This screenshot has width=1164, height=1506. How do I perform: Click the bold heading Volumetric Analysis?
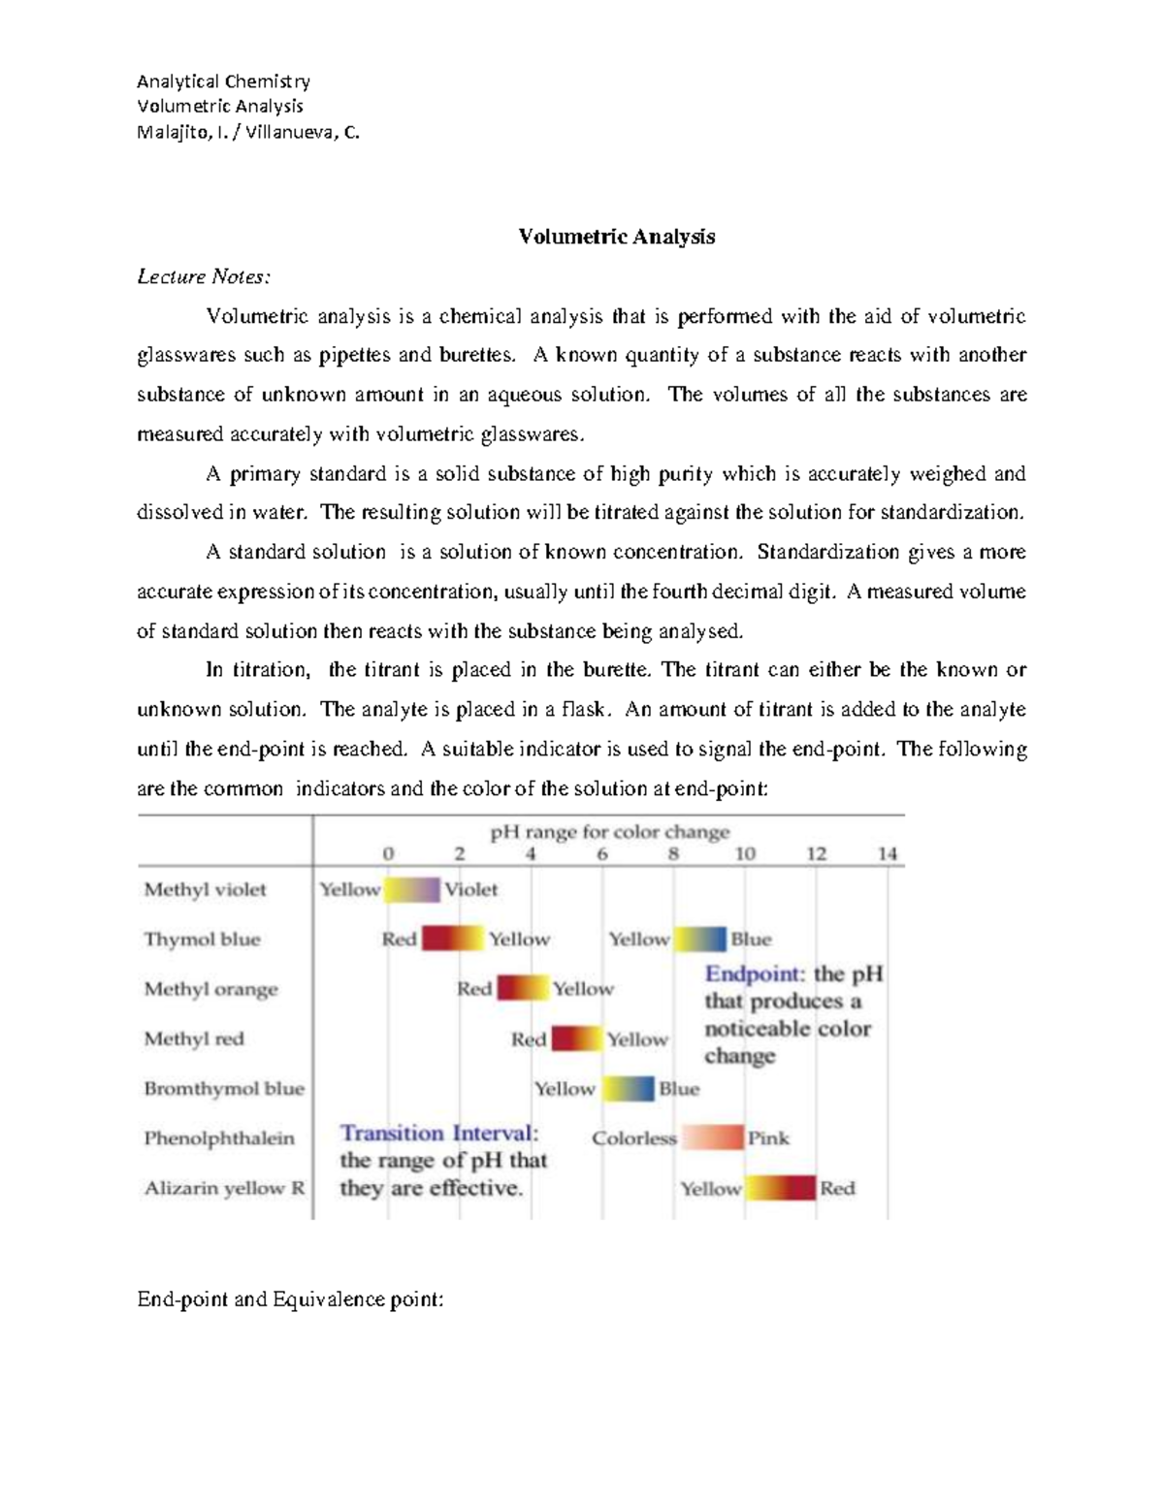[x=616, y=237]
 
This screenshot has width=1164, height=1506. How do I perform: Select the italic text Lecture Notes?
[x=204, y=277]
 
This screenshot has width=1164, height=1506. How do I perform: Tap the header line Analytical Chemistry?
[x=223, y=81]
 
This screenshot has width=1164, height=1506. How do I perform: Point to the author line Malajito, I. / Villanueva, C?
[x=248, y=133]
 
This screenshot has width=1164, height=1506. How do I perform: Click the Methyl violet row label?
[x=205, y=889]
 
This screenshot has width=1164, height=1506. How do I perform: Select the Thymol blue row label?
[x=202, y=939]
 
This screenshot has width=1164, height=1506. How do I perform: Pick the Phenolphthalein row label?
[x=219, y=1138]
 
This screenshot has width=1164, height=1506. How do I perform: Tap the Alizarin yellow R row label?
[x=224, y=1188]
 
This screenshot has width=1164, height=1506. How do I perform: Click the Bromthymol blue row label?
[x=224, y=1088]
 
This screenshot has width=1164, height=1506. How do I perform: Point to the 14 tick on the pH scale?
[x=888, y=854]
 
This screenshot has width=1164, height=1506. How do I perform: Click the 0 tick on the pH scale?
[x=388, y=854]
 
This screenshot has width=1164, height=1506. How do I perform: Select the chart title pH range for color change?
[x=609, y=832]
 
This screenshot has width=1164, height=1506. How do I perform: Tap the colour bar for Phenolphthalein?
[x=713, y=1138]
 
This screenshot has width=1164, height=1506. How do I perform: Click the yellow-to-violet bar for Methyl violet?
[x=412, y=889]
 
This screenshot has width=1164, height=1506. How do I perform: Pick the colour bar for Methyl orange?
[x=523, y=988]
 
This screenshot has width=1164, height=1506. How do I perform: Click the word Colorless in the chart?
[x=634, y=1138]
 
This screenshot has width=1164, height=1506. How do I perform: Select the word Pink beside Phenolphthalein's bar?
[x=768, y=1138]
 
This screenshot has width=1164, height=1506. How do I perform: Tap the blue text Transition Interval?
[x=438, y=1134]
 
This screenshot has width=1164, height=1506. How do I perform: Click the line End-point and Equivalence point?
[x=290, y=1299]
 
